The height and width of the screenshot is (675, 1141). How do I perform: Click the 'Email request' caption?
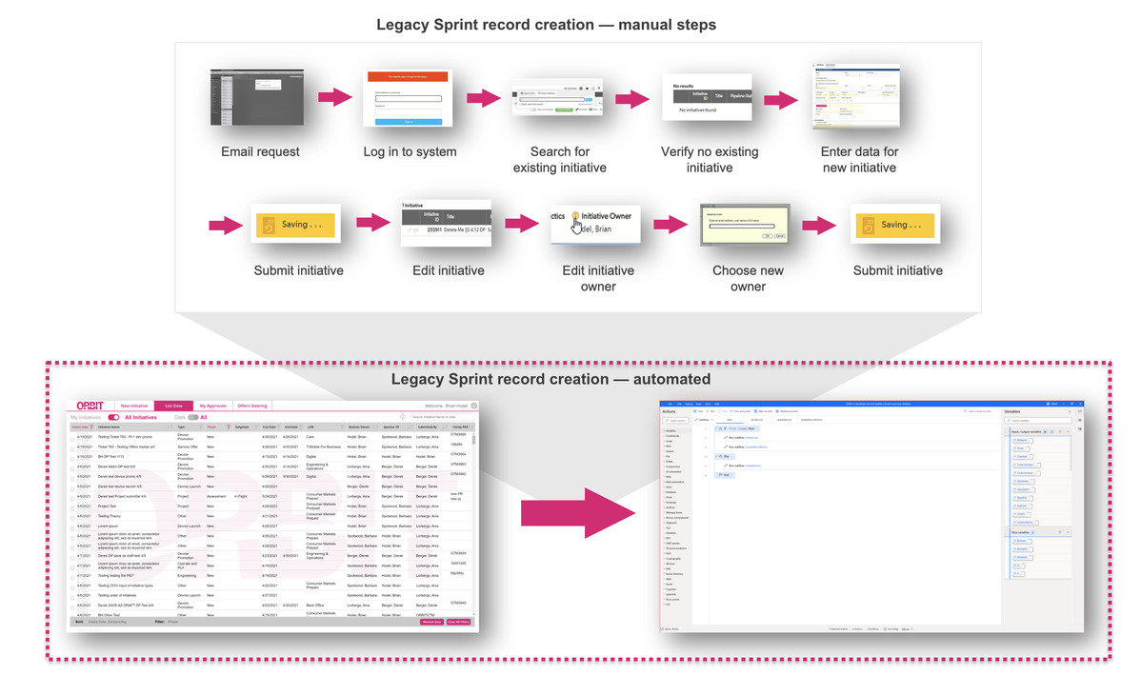tap(260, 151)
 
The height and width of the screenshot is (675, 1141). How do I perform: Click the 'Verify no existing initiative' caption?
tap(710, 159)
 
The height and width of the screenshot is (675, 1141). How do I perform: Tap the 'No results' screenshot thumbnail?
tap(711, 98)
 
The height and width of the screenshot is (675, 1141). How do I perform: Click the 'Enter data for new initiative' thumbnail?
tap(858, 97)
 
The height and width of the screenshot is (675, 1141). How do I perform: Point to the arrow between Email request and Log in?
tap(334, 97)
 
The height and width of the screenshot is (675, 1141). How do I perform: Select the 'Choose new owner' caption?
tap(748, 278)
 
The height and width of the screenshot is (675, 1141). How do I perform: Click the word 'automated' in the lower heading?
tap(671, 379)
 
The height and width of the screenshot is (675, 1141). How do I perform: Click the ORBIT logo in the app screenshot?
tap(86, 406)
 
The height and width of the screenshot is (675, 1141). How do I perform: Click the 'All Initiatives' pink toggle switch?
tap(114, 417)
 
